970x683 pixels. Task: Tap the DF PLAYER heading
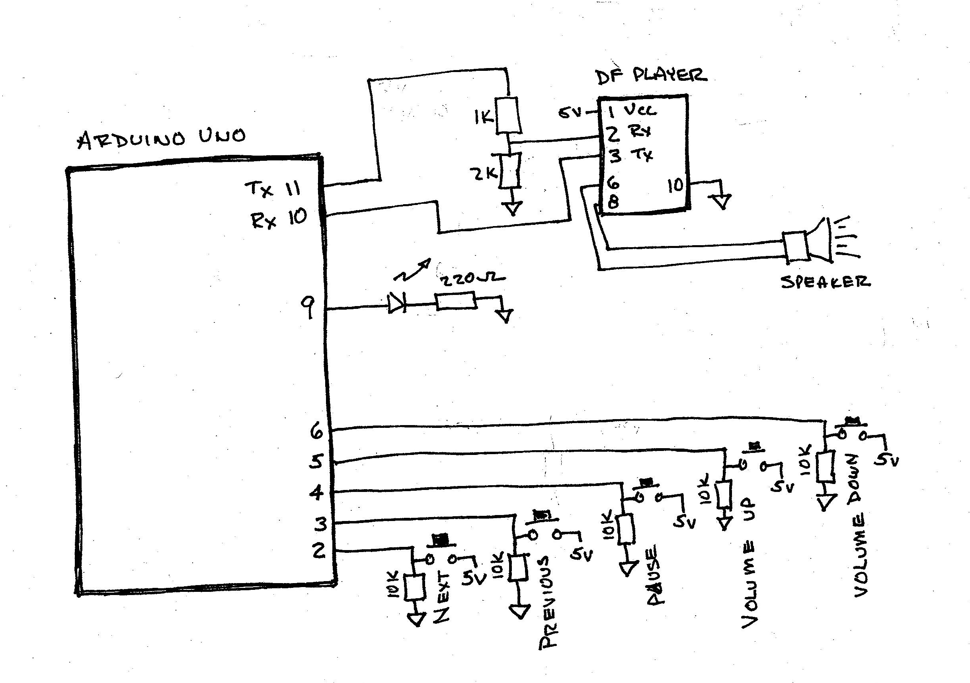(651, 76)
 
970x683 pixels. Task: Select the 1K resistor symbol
(507, 115)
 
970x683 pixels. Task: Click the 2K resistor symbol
(510, 172)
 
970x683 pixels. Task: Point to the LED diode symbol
(397, 304)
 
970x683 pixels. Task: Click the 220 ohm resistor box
(456, 301)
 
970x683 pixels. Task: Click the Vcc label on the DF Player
(640, 111)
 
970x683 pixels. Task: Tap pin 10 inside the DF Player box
(675, 185)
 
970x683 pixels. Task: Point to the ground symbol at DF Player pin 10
(722, 201)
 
